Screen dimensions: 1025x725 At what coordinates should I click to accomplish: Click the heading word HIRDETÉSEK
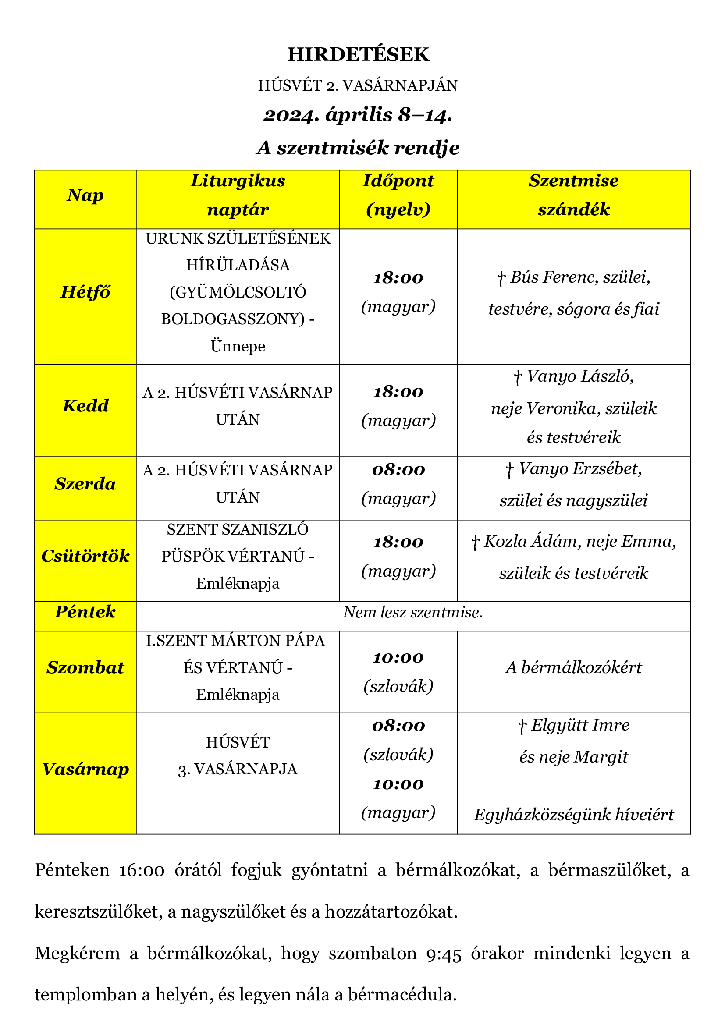coord(358,54)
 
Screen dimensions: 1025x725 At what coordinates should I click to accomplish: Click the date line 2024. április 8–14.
coord(358,115)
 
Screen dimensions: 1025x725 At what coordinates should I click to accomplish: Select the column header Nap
coord(85,195)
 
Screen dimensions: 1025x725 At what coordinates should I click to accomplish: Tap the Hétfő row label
coord(85,292)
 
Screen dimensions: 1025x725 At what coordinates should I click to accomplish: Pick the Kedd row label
coord(85,406)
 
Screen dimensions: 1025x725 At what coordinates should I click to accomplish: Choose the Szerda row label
coord(85,484)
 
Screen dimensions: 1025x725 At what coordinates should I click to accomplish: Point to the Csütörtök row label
coord(85,556)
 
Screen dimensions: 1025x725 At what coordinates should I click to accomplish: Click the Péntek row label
coord(85,612)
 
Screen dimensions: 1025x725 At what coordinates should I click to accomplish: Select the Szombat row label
coord(85,668)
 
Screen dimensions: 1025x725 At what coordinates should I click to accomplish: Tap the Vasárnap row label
coord(85,769)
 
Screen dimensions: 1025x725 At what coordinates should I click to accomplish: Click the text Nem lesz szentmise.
coord(413,613)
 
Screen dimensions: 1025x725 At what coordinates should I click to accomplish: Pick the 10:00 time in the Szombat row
coord(398,658)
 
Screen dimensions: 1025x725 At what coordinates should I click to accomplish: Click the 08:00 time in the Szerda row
coord(398,470)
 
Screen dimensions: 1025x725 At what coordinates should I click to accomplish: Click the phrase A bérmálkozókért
coord(574,668)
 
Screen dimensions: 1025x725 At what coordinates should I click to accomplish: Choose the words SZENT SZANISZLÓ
coord(238,530)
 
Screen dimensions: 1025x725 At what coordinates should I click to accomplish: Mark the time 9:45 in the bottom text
coord(444,954)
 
